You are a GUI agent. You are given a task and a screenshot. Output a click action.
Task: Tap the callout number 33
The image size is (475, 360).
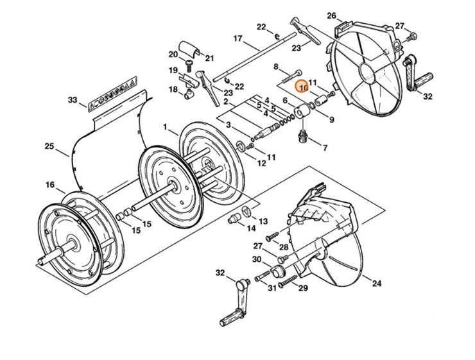coord(73,100)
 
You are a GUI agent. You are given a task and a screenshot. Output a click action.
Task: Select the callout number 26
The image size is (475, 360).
coord(331,15)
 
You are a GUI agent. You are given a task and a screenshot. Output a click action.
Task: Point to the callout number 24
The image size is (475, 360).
coord(376,283)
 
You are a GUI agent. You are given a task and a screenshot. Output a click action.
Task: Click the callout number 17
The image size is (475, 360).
coord(237,39)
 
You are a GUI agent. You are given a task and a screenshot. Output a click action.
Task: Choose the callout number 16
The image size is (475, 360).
coord(49,185)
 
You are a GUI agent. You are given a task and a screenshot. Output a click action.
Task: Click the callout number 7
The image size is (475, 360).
coord(325,148)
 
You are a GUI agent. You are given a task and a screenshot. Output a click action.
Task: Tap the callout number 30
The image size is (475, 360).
coord(257,259)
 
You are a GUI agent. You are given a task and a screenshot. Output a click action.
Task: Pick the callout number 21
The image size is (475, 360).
coord(209,58)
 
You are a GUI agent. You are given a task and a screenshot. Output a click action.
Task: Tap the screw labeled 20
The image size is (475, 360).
coord(189,65)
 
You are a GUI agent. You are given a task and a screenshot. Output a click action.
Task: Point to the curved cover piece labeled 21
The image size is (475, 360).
coord(189,47)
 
